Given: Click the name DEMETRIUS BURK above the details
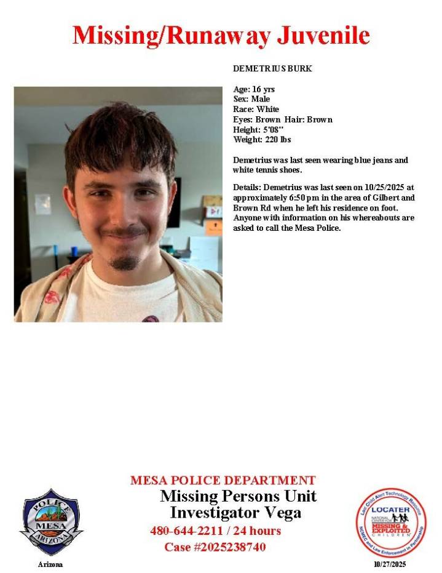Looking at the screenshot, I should pyautogui.click(x=272, y=68).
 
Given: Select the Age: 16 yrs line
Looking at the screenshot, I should pyautogui.click(x=254, y=89).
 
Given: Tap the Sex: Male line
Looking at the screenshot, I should pyautogui.click(x=251, y=99).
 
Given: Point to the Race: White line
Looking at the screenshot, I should pyautogui.click(x=256, y=109).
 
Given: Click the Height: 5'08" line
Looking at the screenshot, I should pyautogui.click(x=258, y=129).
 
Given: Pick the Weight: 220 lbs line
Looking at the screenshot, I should pyautogui.click(x=261, y=140).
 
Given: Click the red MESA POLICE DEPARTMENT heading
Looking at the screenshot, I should pyautogui.click(x=223, y=480).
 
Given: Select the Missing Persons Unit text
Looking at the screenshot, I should pyautogui.click(x=238, y=496).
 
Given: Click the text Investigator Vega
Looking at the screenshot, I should pyautogui.click(x=235, y=512).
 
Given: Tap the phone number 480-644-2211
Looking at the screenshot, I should pyautogui.click(x=186, y=531).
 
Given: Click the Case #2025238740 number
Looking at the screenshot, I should pyautogui.click(x=215, y=547).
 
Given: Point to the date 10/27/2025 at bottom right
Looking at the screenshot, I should pyautogui.click(x=390, y=564).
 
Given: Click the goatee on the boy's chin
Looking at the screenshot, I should pyautogui.click(x=124, y=263).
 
